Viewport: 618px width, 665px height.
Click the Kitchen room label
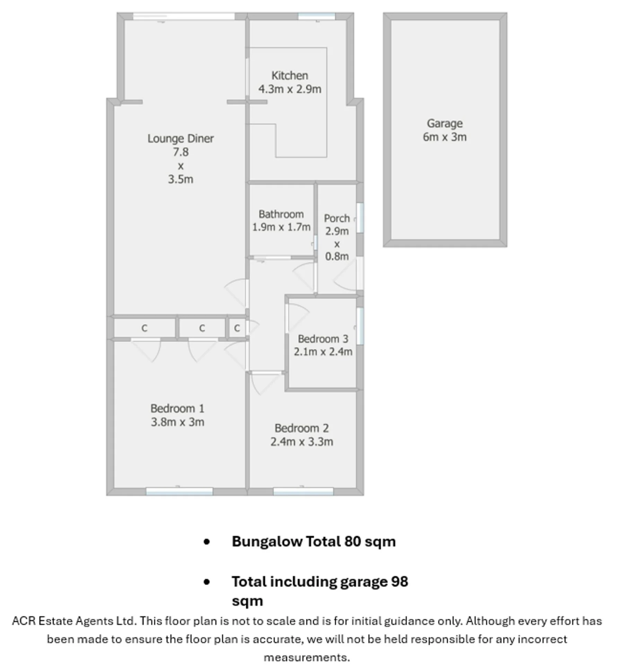click(x=290, y=76)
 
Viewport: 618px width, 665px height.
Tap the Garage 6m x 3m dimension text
click(x=445, y=137)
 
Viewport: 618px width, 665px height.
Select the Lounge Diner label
click(x=180, y=139)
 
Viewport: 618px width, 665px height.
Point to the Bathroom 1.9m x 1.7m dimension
click(x=281, y=227)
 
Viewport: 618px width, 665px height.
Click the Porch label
click(x=337, y=218)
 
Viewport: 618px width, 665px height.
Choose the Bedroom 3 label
click(x=323, y=339)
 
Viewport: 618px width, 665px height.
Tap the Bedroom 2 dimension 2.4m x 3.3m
click(x=302, y=442)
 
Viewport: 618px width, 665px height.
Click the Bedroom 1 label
click(x=177, y=409)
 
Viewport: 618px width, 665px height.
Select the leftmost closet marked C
click(x=144, y=328)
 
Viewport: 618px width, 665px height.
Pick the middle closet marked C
click(x=202, y=328)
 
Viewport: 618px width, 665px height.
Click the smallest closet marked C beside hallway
click(x=237, y=328)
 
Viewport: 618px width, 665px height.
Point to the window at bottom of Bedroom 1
click(x=179, y=491)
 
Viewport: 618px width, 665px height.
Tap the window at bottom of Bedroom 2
click(x=303, y=491)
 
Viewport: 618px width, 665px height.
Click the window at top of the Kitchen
click(x=317, y=16)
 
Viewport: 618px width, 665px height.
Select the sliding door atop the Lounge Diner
click(x=184, y=16)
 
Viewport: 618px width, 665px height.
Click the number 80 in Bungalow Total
click(x=352, y=541)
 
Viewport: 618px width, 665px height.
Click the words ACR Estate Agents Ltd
click(x=73, y=621)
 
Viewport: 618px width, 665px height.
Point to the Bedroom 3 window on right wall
click(x=360, y=326)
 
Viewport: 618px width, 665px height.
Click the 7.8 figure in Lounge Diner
click(x=180, y=152)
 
